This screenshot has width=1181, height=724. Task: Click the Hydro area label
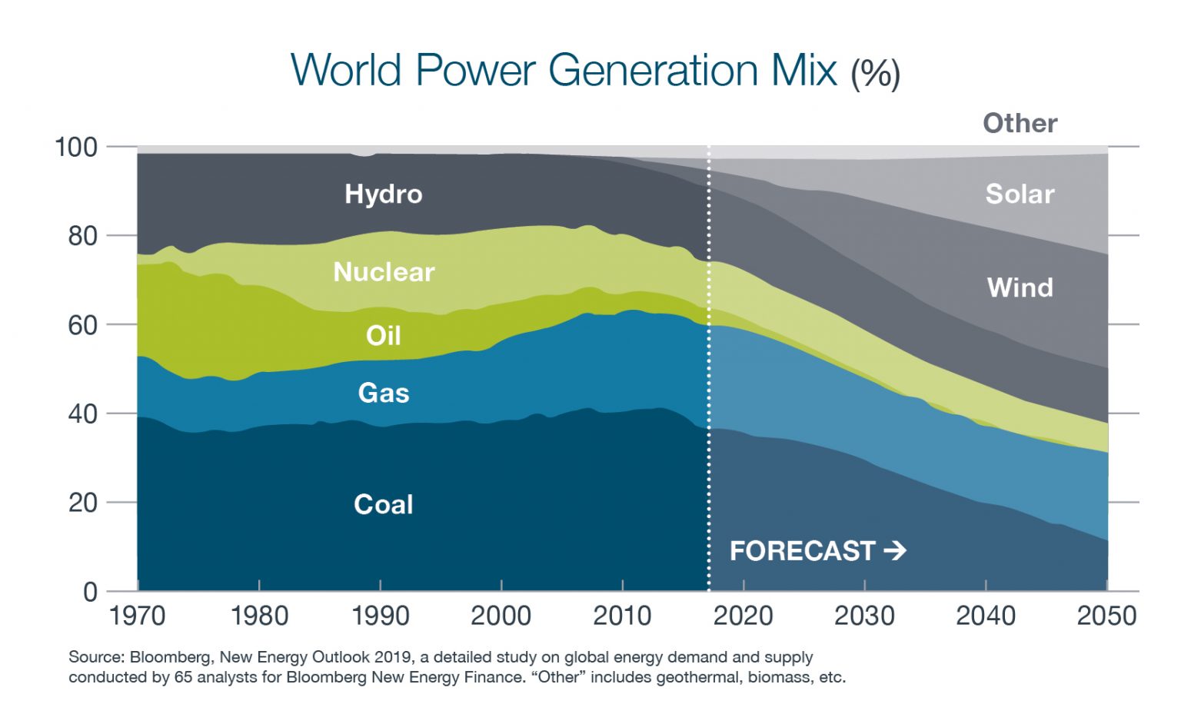point(383,194)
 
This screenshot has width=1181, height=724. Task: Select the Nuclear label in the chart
point(384,272)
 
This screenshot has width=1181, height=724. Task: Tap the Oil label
point(383,336)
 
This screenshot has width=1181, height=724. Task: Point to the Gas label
point(383,393)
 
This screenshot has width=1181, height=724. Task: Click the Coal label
point(383,504)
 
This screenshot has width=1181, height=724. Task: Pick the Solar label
point(1020,194)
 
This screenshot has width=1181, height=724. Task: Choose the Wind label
point(1020,287)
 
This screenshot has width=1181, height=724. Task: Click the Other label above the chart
point(1020,123)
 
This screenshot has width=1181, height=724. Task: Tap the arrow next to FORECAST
point(895,550)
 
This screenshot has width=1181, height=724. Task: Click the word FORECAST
point(802,550)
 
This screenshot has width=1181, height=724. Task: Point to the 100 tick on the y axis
point(76,147)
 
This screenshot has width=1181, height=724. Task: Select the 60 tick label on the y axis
point(82,325)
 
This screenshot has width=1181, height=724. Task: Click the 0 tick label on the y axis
point(90,592)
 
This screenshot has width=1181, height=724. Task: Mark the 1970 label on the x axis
point(138,616)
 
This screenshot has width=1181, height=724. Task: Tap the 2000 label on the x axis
point(501,616)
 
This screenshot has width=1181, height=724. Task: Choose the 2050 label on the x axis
point(1106,616)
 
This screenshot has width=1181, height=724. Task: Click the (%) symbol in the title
point(875,74)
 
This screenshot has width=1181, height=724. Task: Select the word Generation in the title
point(653,70)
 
